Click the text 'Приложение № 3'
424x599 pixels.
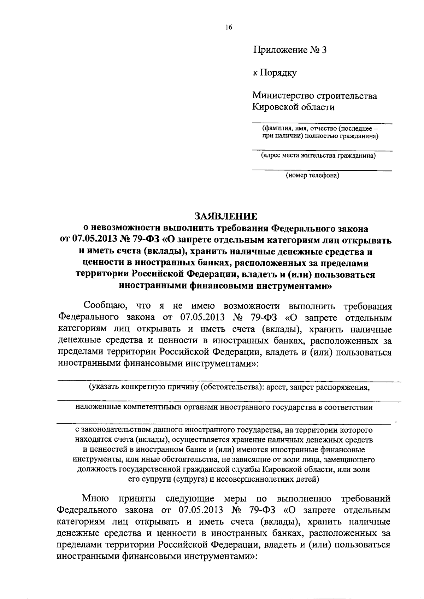[x=290, y=50]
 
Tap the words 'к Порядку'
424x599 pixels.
[x=275, y=73]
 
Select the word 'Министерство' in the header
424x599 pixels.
[x=277, y=96]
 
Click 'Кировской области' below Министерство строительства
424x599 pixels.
[x=293, y=107]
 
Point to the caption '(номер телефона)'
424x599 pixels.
[x=313, y=175]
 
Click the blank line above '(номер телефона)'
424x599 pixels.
[x=322, y=170]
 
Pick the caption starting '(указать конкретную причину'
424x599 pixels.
[x=229, y=387]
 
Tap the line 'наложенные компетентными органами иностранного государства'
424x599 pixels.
[x=224, y=407]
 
